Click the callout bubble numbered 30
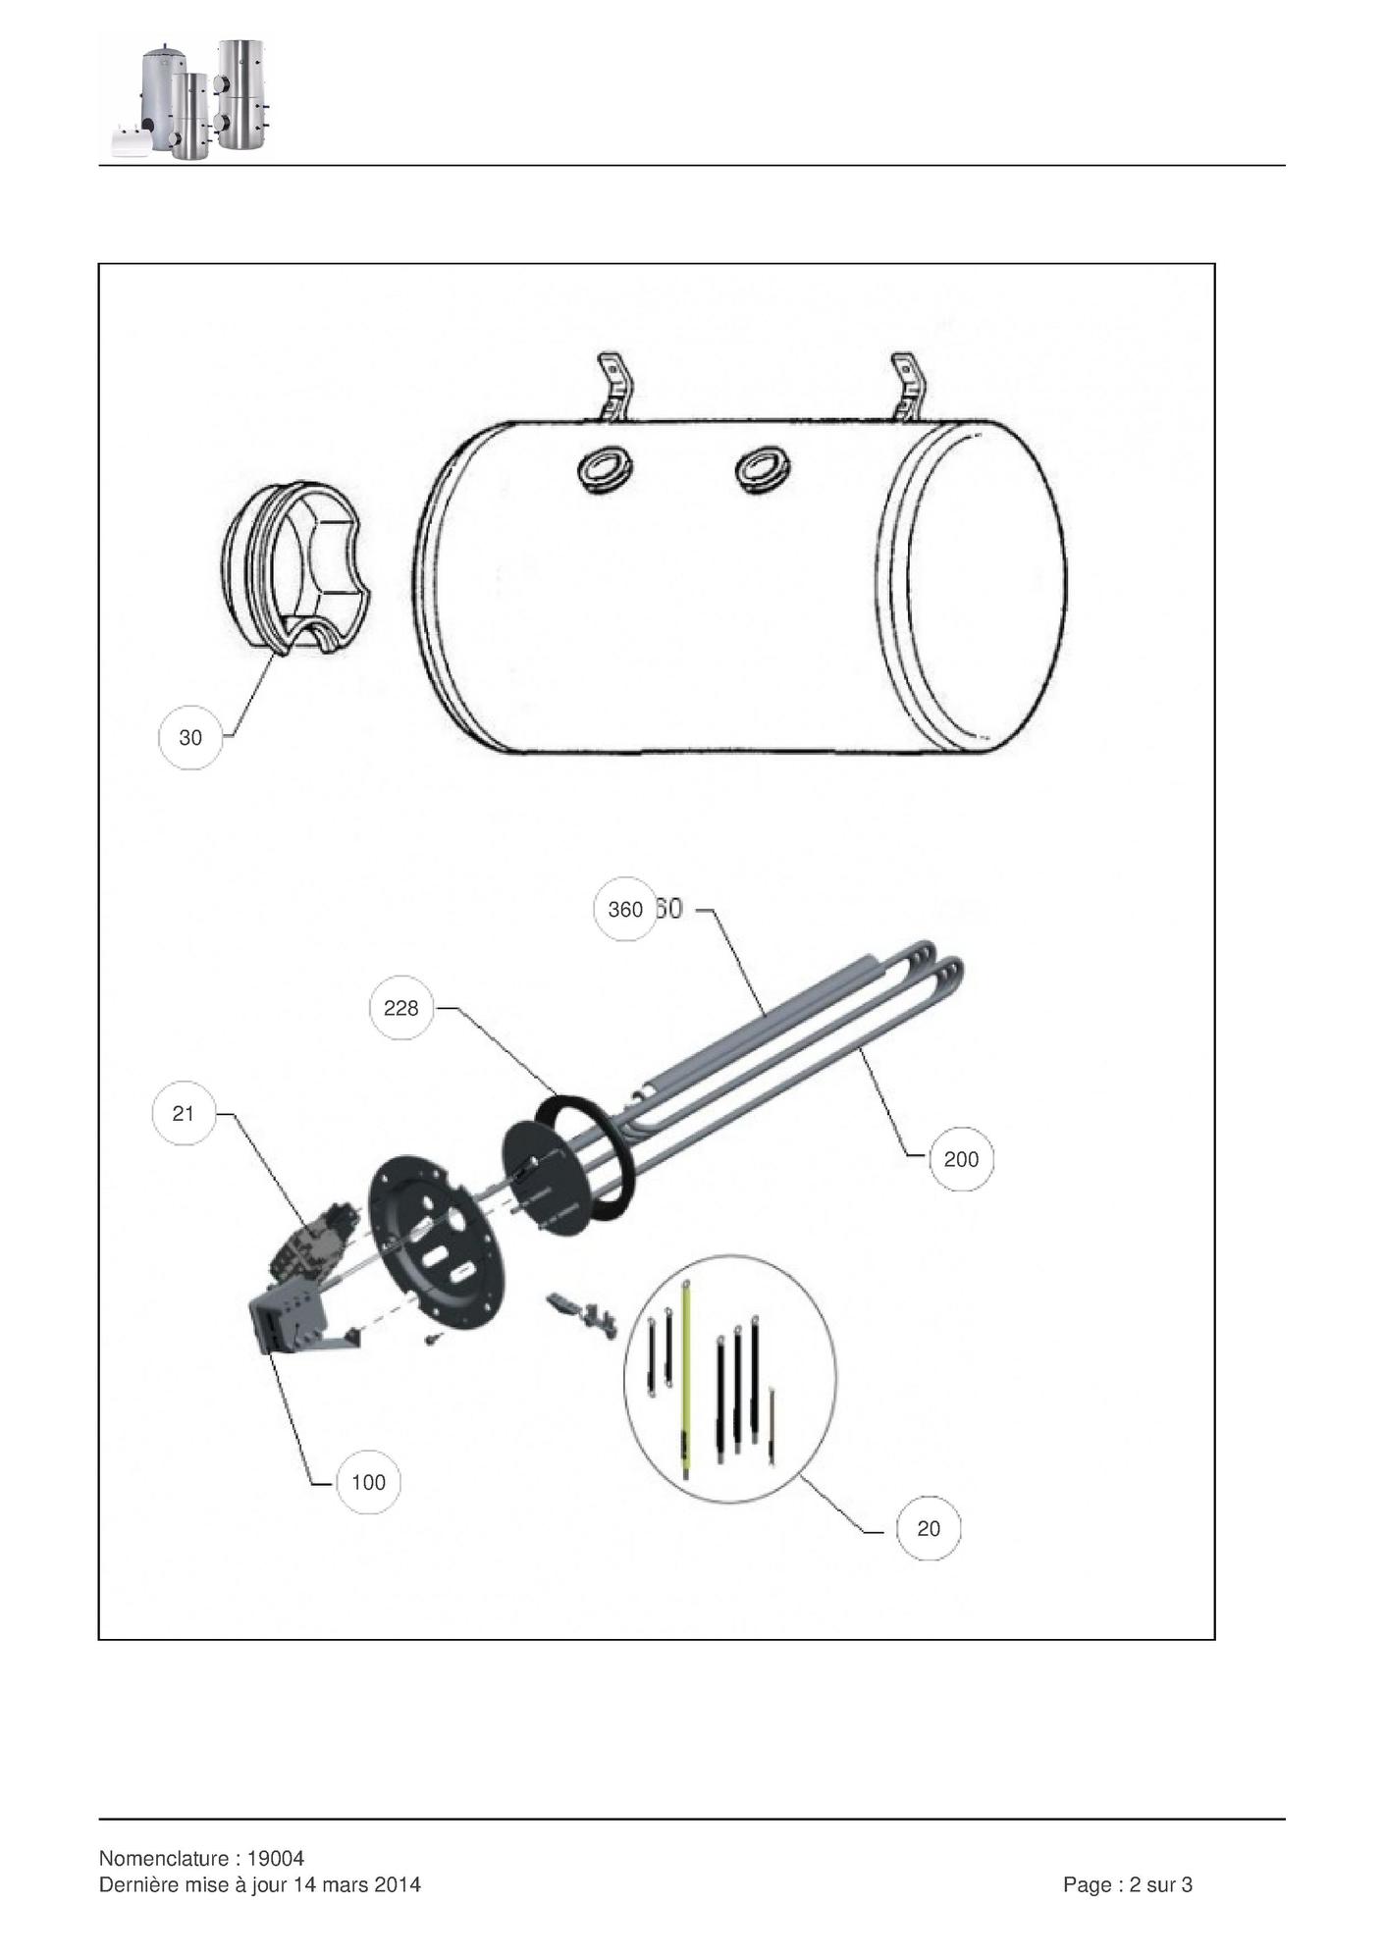(190, 737)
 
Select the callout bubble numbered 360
(625, 910)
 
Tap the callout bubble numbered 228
(400, 1008)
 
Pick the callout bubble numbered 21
(184, 1113)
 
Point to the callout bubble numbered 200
(961, 1159)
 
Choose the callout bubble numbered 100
(368, 1482)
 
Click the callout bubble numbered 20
(929, 1528)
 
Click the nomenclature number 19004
(276, 1859)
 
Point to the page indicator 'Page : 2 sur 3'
(1128, 1884)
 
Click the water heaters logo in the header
(191, 99)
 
